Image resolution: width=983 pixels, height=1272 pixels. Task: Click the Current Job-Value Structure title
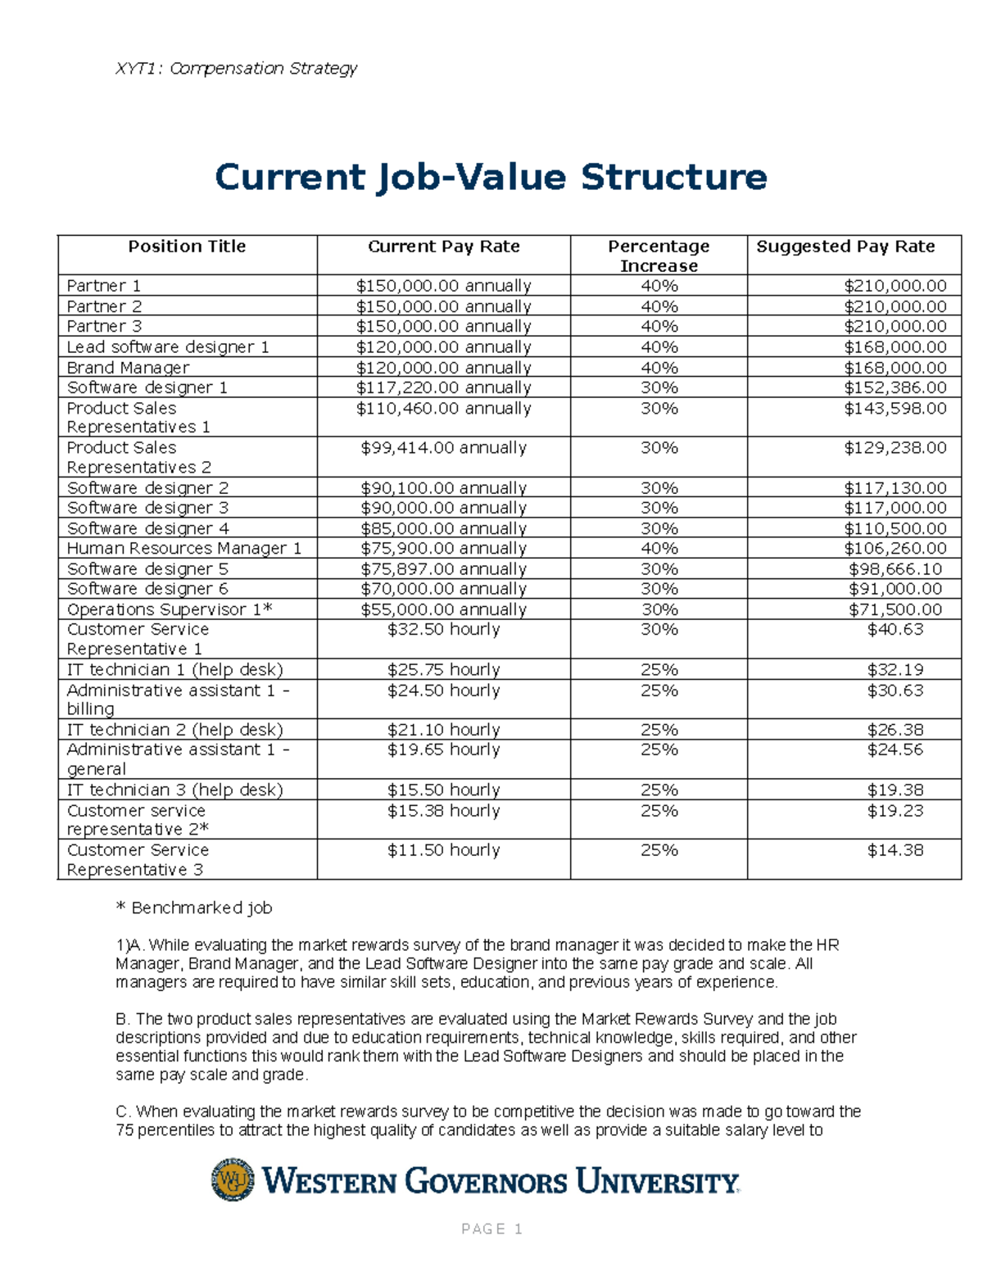(491, 177)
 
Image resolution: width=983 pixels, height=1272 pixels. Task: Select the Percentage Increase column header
(659, 256)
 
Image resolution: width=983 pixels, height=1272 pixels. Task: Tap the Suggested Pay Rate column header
(845, 247)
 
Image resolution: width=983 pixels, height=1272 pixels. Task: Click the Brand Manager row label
(128, 368)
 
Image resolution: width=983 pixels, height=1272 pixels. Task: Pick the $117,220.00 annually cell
(443, 387)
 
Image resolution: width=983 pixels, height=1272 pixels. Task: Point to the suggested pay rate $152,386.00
(895, 387)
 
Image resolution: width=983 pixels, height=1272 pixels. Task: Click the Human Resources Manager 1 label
(184, 548)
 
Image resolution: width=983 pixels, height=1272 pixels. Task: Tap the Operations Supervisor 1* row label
(170, 609)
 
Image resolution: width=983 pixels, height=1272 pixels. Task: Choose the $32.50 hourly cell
(443, 629)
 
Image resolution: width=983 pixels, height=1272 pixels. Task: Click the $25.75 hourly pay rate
(443, 669)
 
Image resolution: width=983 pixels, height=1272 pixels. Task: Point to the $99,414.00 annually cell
(443, 448)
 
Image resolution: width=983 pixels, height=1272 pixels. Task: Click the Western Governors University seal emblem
(233, 1179)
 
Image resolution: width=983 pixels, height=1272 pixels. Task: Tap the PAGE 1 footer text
(491, 1229)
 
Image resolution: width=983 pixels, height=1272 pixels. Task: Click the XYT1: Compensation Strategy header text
(237, 68)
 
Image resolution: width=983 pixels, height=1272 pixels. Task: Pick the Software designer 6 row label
(147, 589)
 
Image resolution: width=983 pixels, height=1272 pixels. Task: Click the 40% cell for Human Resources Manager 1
(659, 548)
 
